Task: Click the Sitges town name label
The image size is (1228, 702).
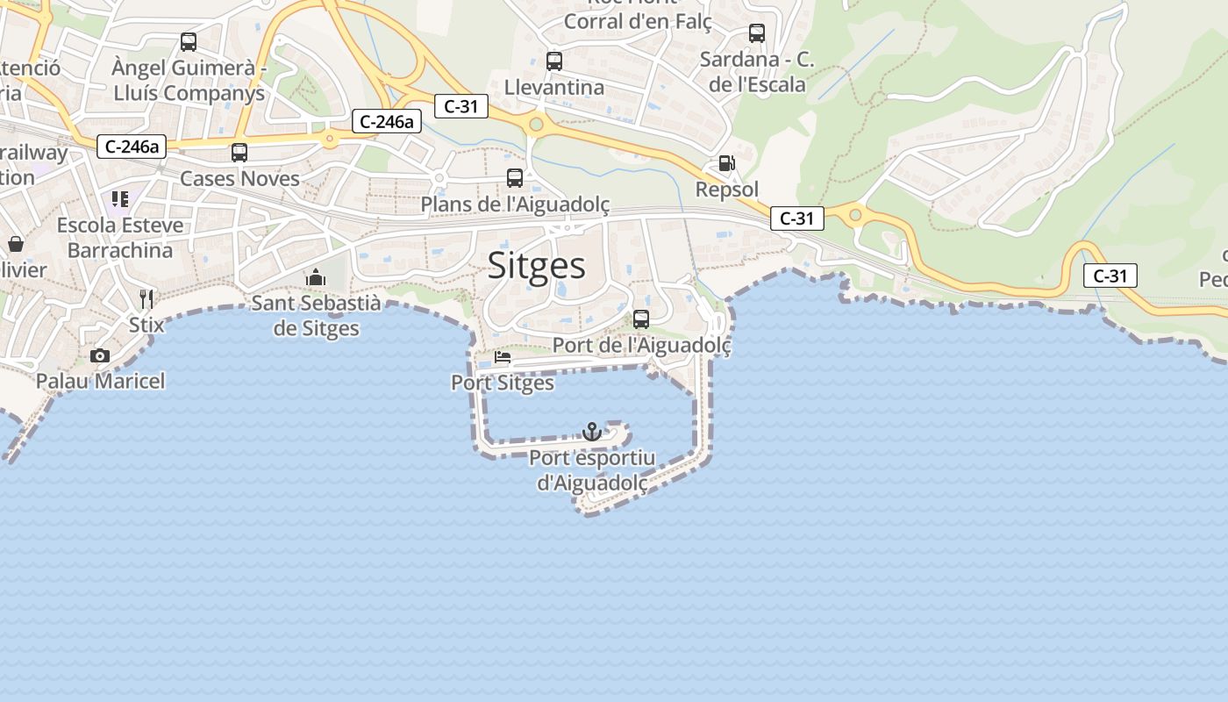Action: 537,265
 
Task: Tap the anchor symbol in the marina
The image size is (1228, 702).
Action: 592,432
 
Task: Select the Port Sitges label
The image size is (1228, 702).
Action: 503,383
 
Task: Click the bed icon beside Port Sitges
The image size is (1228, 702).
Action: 503,357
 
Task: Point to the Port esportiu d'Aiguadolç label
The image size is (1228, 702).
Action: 592,470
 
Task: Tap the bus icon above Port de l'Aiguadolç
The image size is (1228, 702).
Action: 641,319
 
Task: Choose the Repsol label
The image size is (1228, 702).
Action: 727,190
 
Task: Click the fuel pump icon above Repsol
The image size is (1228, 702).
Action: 726,163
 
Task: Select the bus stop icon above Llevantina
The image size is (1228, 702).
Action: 554,61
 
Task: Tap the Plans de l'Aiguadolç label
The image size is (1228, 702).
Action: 515,204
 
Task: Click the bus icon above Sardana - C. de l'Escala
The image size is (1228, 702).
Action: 757,33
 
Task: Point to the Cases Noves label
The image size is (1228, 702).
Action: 239,178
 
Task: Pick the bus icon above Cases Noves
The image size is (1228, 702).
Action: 239,153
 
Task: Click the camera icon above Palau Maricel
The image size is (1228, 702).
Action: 100,355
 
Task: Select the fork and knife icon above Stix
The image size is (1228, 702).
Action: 146,299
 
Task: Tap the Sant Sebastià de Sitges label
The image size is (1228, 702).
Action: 316,316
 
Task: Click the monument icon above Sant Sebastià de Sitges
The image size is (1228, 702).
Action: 316,278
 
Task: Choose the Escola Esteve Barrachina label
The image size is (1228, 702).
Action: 120,238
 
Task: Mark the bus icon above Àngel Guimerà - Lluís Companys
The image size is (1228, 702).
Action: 189,41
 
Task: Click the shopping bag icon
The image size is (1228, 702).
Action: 16,244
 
